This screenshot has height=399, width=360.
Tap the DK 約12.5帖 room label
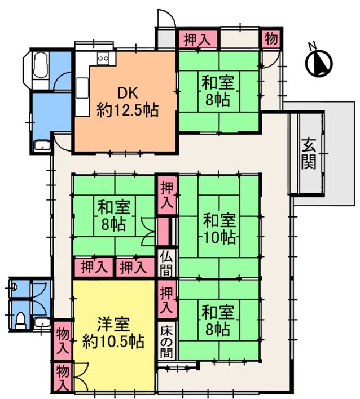pyautogui.click(x=128, y=101)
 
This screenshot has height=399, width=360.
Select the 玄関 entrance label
pyautogui.click(x=309, y=153)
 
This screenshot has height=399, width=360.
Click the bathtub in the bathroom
pyautogui.click(x=40, y=65)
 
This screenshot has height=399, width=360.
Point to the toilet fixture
pyautogui.click(x=20, y=320)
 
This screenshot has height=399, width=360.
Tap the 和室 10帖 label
pyautogui.click(x=219, y=229)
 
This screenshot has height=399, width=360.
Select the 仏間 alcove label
pyautogui.click(x=166, y=265)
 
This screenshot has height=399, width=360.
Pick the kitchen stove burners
pyautogui.click(x=103, y=58)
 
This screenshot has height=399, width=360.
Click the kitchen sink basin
pyautogui.click(x=82, y=88)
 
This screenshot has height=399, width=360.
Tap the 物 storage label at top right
pyautogui.click(x=271, y=39)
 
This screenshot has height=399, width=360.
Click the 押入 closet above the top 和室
pyautogui.click(x=197, y=39)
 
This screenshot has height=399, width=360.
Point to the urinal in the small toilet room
pyautogui.click(x=14, y=287)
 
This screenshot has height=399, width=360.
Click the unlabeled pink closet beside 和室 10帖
pyautogui.click(x=163, y=232)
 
